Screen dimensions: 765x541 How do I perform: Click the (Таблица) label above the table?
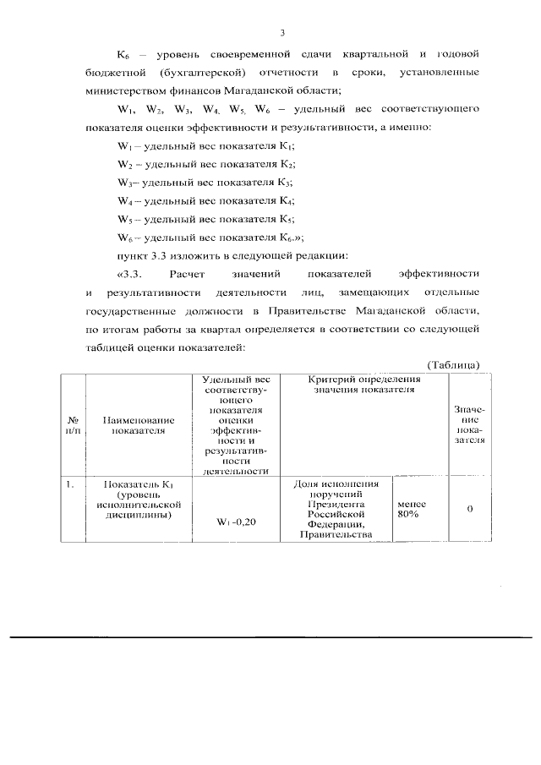click(453, 364)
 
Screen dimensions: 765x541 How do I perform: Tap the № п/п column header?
click(74, 424)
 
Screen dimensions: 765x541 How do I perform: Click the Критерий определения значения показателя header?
click(364, 385)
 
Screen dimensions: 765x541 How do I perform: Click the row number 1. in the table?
click(71, 484)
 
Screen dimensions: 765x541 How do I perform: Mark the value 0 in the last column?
click(469, 508)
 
